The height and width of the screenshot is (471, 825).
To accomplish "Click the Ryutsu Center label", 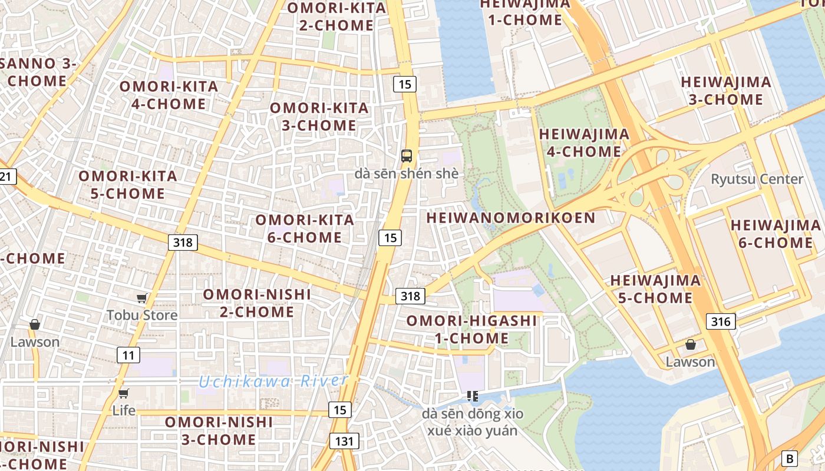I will (x=757, y=179).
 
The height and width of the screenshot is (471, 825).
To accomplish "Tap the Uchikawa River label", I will (x=272, y=381).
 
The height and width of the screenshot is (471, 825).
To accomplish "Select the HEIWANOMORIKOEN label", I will (x=510, y=218).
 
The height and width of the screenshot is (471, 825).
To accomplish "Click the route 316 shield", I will (x=720, y=321).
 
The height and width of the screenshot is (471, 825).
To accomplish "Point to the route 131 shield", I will (x=344, y=441).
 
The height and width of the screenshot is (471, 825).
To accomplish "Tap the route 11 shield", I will (x=128, y=355).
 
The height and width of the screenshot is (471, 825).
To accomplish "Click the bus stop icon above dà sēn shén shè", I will (x=407, y=156).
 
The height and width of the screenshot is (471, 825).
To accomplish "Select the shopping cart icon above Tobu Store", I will (x=141, y=298).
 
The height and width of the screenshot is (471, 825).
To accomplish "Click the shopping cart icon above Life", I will (x=124, y=393).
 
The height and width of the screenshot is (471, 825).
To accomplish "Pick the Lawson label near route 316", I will (x=690, y=361).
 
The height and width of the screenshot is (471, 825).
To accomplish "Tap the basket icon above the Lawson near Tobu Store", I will (x=35, y=324).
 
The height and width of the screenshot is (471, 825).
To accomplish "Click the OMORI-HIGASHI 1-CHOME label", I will (x=471, y=329).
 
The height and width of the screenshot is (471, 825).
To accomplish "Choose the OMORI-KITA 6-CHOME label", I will (x=305, y=228).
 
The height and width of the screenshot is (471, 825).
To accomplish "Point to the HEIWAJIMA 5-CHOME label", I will (x=655, y=288).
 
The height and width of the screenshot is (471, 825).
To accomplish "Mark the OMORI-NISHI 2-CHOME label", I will (x=257, y=303).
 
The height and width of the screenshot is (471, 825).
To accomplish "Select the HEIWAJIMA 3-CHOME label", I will (x=726, y=91).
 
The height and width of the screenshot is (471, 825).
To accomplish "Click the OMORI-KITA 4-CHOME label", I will (x=169, y=95).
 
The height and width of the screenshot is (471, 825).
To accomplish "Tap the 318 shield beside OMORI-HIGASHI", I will (x=410, y=296).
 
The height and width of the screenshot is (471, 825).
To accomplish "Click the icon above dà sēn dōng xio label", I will (x=472, y=396).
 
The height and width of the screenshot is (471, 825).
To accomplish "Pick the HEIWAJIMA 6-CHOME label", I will (x=775, y=234).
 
